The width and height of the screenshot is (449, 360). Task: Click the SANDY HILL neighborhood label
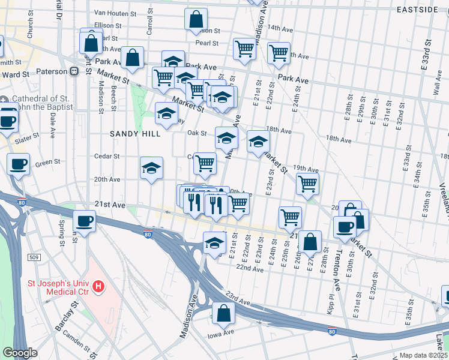point(134,134)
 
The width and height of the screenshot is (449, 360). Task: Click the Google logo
point(20,352)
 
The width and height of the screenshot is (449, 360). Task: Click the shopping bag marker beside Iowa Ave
point(223,313)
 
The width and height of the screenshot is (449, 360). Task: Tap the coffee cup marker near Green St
point(19,163)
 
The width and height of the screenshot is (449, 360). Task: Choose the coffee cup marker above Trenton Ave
point(345,227)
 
